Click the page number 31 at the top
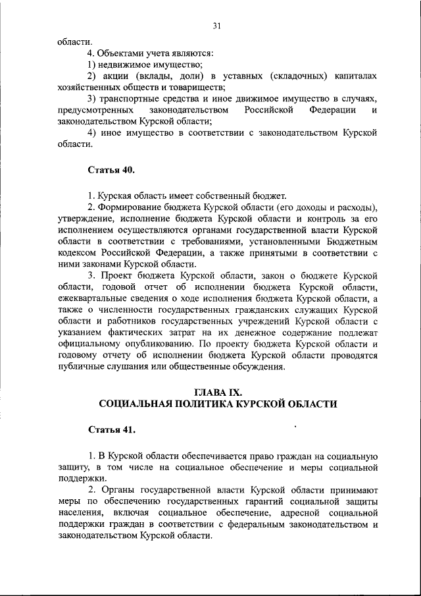coord(217,26)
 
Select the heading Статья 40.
coord(112,170)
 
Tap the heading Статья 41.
coord(112,429)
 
